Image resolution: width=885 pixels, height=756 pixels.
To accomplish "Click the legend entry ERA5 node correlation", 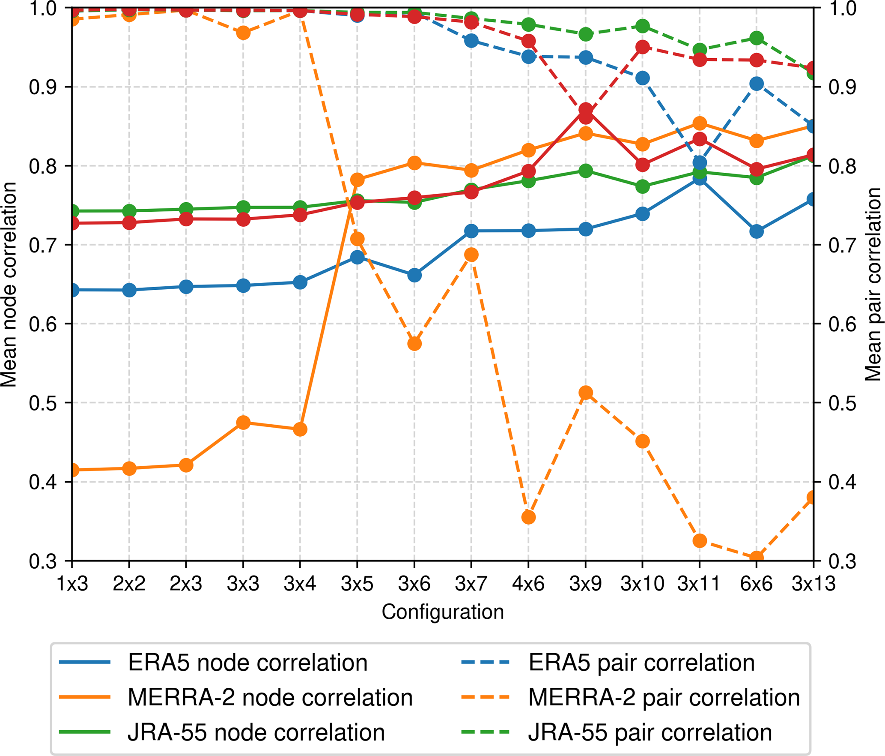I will [247, 663].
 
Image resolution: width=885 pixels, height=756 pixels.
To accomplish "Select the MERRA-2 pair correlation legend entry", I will [664, 697].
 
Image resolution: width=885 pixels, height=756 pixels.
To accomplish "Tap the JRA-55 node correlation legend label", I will [256, 732].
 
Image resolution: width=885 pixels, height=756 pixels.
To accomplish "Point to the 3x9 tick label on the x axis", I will [585, 584].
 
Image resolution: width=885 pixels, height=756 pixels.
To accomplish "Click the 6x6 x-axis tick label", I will [756, 584].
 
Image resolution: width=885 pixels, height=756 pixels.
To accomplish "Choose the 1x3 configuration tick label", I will [72, 584].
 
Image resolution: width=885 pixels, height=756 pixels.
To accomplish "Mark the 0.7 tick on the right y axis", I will [842, 245].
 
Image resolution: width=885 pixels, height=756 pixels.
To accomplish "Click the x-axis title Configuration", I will [443, 612].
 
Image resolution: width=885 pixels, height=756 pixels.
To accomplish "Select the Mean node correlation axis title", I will [9, 285].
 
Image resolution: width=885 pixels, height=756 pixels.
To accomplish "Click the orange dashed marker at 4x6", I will [528, 517].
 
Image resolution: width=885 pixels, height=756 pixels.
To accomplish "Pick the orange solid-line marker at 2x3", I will [186, 465].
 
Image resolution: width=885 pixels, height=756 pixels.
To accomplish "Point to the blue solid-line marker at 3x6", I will [414, 275].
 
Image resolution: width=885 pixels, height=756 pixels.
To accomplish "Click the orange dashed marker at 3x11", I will [699, 541].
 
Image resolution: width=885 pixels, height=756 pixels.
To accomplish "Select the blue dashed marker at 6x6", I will [756, 84].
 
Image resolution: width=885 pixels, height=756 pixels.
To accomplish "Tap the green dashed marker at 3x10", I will [642, 26].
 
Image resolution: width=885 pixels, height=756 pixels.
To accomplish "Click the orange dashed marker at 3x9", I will [585, 393].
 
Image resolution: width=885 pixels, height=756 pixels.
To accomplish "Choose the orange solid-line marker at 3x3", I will [243, 423].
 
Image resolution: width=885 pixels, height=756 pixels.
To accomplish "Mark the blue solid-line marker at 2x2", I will [129, 291].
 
